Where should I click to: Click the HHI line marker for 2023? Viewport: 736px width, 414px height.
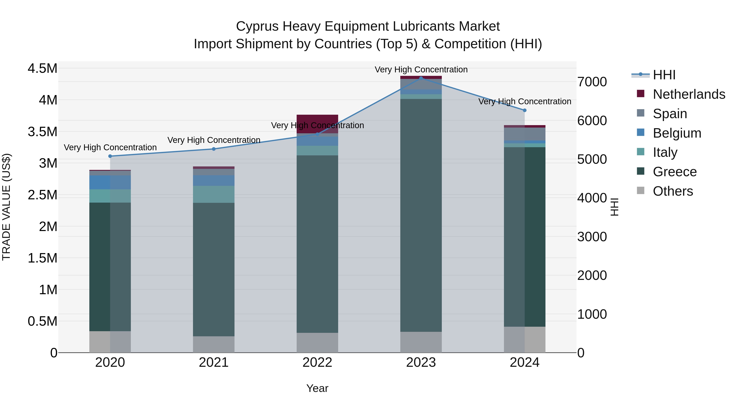(421, 78)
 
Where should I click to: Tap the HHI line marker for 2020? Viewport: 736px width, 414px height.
(110, 156)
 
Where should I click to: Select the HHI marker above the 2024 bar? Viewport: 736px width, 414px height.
(525, 110)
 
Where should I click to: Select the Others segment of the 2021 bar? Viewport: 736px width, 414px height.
(214, 344)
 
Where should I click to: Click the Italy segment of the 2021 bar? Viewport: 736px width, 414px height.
(214, 194)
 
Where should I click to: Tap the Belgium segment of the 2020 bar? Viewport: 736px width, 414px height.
(110, 182)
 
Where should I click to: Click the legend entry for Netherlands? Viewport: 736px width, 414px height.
(689, 94)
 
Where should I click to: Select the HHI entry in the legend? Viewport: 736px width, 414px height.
(664, 75)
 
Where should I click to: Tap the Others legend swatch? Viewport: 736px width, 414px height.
(641, 191)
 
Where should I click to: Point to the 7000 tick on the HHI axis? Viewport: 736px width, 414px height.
(592, 82)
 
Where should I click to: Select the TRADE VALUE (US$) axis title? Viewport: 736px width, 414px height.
(6, 207)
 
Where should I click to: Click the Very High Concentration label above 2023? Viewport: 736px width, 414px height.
(421, 70)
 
